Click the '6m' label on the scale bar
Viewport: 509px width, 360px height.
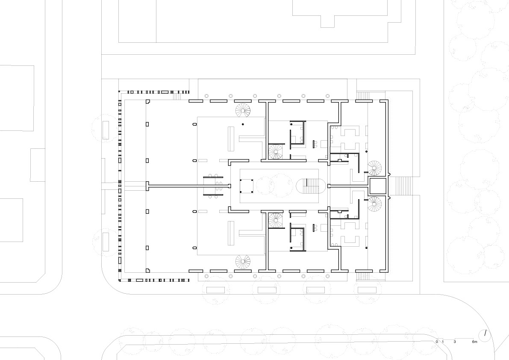[x=474, y=342]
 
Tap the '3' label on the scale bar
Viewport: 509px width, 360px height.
[x=455, y=342]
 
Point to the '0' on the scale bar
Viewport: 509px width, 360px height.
[x=437, y=342]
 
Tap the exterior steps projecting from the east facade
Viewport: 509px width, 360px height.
[x=400, y=186]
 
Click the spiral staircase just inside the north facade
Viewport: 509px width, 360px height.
[x=243, y=110]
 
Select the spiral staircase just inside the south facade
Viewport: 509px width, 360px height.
[x=243, y=262]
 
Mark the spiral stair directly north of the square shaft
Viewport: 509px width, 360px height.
[x=374, y=168]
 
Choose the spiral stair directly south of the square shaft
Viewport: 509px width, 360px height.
[x=374, y=204]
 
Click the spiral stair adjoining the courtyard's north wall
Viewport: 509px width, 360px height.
[x=276, y=152]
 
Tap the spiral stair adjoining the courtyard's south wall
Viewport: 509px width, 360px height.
[x=276, y=221]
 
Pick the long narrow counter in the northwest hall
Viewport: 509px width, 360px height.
[x=231, y=139]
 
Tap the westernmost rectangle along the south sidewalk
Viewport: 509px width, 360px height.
[x=216, y=290]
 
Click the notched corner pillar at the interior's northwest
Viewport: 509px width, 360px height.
[x=148, y=101]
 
